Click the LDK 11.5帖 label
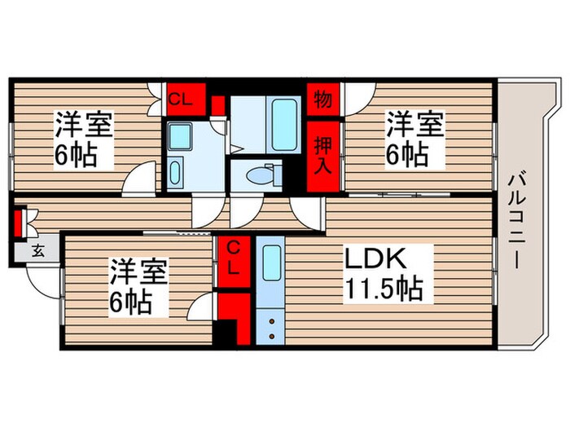coord(384,275)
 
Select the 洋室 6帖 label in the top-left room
coord(84,139)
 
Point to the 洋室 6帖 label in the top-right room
coord(414,139)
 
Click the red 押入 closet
coord(323,155)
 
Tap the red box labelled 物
coord(322,100)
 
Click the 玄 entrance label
coord(37,251)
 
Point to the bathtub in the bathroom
coord(285,123)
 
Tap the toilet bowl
coord(262,174)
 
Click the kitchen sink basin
coord(270,262)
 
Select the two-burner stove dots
coord(270,328)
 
